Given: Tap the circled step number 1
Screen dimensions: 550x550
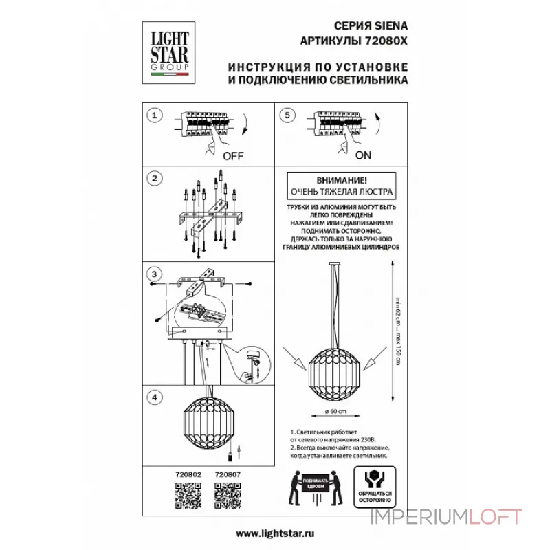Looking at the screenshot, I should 155,117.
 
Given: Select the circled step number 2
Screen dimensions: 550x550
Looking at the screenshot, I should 155,179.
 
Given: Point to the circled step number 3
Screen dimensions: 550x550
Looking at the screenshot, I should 155,274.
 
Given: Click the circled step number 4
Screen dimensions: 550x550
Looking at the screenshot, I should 155,397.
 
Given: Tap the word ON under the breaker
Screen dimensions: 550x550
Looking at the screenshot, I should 363,155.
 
